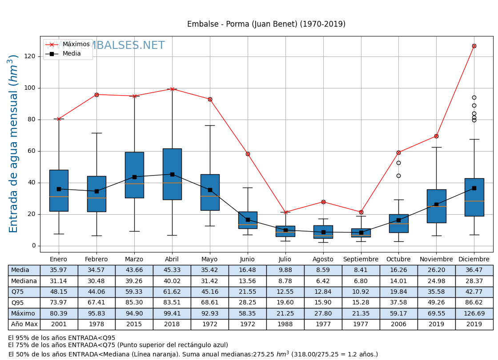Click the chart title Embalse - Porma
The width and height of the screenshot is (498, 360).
point(266,24)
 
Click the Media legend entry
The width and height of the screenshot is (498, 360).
point(72,54)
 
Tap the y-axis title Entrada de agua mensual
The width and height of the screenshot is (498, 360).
point(14,144)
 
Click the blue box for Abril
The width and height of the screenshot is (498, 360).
point(172,173)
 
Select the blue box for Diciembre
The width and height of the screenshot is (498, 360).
point(474,197)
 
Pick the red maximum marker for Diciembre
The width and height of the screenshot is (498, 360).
point(474,46)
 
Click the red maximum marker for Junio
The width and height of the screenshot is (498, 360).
point(248,154)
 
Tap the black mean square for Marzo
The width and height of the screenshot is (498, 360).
point(134,177)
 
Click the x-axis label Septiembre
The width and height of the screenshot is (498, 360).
point(361,260)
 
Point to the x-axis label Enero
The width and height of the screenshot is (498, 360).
point(59,260)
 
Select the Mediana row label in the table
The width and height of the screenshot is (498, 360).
point(24,281)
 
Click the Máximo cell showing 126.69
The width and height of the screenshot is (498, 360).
point(474,313)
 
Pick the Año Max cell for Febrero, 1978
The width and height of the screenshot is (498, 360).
point(96,324)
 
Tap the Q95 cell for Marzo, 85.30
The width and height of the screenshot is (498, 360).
point(134,303)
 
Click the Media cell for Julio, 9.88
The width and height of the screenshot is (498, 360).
point(285,270)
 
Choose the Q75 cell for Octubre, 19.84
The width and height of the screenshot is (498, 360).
point(398,292)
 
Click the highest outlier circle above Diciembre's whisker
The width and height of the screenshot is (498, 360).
point(474,97)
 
